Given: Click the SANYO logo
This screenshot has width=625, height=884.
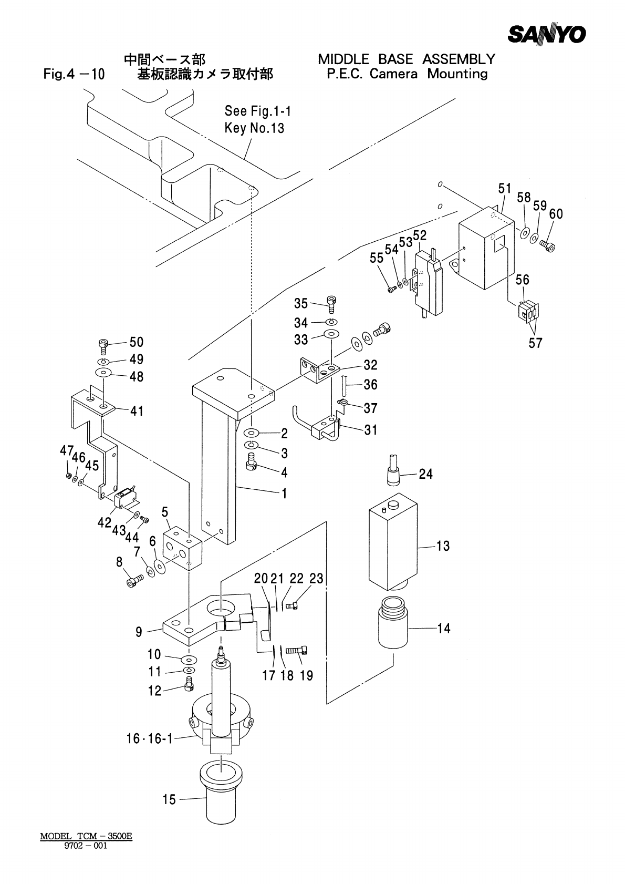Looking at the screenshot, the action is (546, 34).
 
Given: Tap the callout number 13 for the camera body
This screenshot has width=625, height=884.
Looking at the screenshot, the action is (443, 546).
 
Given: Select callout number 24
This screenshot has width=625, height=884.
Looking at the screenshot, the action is (425, 474).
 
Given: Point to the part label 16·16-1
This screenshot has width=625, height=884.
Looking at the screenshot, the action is (150, 738).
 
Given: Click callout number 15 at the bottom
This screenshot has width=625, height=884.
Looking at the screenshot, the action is (169, 799).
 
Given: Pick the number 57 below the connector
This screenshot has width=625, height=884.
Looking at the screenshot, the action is (535, 343).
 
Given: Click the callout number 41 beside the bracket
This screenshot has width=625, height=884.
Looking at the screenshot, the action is (137, 411).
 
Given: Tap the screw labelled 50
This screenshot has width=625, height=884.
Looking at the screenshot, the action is (102, 346).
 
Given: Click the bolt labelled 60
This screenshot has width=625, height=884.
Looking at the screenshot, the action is (548, 245).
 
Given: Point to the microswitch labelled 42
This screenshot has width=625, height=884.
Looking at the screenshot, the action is (123, 498).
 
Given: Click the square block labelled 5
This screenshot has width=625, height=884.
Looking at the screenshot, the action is (182, 549).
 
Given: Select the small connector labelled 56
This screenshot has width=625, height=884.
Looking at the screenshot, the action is (528, 311).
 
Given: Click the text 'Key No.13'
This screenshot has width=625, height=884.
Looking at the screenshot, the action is (254, 128).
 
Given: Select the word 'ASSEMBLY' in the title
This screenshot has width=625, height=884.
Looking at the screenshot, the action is (459, 59).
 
